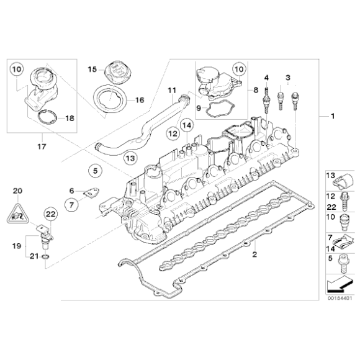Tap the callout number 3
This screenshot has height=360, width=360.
(x=287, y=76)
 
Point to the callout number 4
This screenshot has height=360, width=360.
(x=266, y=76)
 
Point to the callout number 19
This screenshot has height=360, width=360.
(x=17, y=246)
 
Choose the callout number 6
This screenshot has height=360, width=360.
(x=72, y=191)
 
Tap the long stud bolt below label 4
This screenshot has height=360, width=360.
(x=266, y=99)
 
